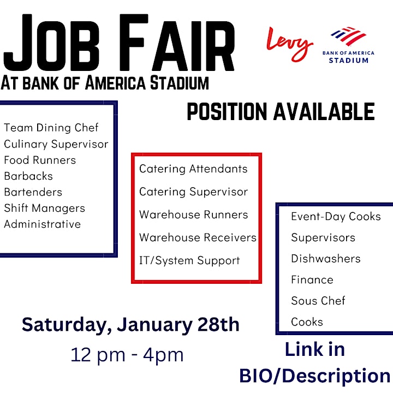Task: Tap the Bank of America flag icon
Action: point(348,36)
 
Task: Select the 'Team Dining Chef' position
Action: point(51,128)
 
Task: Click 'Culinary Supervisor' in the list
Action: point(56,144)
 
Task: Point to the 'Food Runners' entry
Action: point(40,160)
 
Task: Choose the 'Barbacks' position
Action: point(28,176)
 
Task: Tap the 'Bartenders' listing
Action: point(33,192)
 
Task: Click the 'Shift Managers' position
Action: point(45,209)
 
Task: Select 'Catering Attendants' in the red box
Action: point(193,169)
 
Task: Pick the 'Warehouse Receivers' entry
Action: point(198,237)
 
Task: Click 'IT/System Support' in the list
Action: point(189,261)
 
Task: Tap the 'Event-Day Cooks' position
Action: point(336,217)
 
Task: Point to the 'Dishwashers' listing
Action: point(326,258)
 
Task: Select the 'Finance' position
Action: point(312,279)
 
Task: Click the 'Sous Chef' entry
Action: point(318,301)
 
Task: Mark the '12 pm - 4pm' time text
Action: point(127,355)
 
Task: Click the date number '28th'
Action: point(218,325)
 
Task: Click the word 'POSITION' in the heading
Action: point(227,111)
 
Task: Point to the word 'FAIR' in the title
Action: point(177,43)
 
